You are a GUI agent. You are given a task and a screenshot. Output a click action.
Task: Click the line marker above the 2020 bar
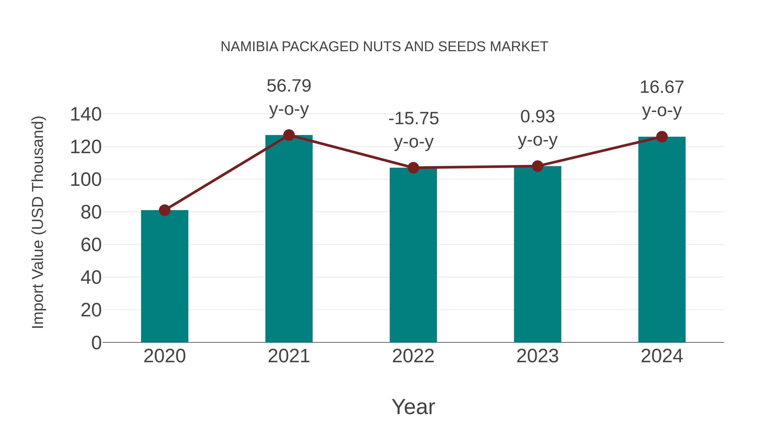pyautogui.click(x=164, y=210)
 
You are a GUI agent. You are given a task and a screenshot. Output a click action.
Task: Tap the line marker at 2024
pyautogui.click(x=662, y=137)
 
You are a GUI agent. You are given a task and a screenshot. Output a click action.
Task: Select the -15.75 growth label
pyautogui.click(x=414, y=119)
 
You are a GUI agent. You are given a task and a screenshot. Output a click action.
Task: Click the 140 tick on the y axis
pyautogui.click(x=86, y=115)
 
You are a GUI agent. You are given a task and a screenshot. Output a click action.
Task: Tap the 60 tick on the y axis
pyautogui.click(x=91, y=245)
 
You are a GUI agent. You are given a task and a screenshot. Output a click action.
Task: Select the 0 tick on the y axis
pyautogui.click(x=96, y=343)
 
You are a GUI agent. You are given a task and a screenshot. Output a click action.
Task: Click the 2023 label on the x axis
pyautogui.click(x=537, y=356)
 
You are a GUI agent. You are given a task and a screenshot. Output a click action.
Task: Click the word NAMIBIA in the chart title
pyautogui.click(x=249, y=47)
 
